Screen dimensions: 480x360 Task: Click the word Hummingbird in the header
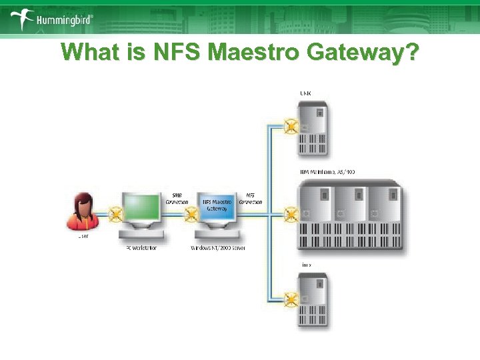pos(64,21)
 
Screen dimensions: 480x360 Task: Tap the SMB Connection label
pos(177,199)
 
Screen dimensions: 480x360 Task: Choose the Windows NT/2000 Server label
pos(219,248)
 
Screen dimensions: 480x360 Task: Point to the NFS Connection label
pos(250,199)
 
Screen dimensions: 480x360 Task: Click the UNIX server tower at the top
pos(312,129)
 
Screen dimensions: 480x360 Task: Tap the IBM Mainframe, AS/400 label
pos(327,171)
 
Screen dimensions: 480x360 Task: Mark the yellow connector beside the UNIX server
pos(291,126)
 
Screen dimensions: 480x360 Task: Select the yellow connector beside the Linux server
pos(291,300)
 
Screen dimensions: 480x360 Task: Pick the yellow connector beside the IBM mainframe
pos(291,214)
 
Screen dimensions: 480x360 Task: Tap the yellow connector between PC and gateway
pos(190,215)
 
